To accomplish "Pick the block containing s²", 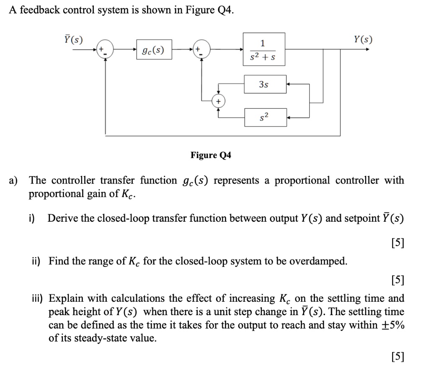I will click(x=266, y=117).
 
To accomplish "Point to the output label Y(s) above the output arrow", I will click(x=363, y=40).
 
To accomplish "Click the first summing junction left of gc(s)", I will click(x=102, y=50).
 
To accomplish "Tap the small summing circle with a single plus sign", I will click(x=218, y=101).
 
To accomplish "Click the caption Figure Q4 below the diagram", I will click(x=211, y=155).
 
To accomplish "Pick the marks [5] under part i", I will click(x=397, y=243).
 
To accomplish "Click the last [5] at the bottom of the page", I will click(x=397, y=357).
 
